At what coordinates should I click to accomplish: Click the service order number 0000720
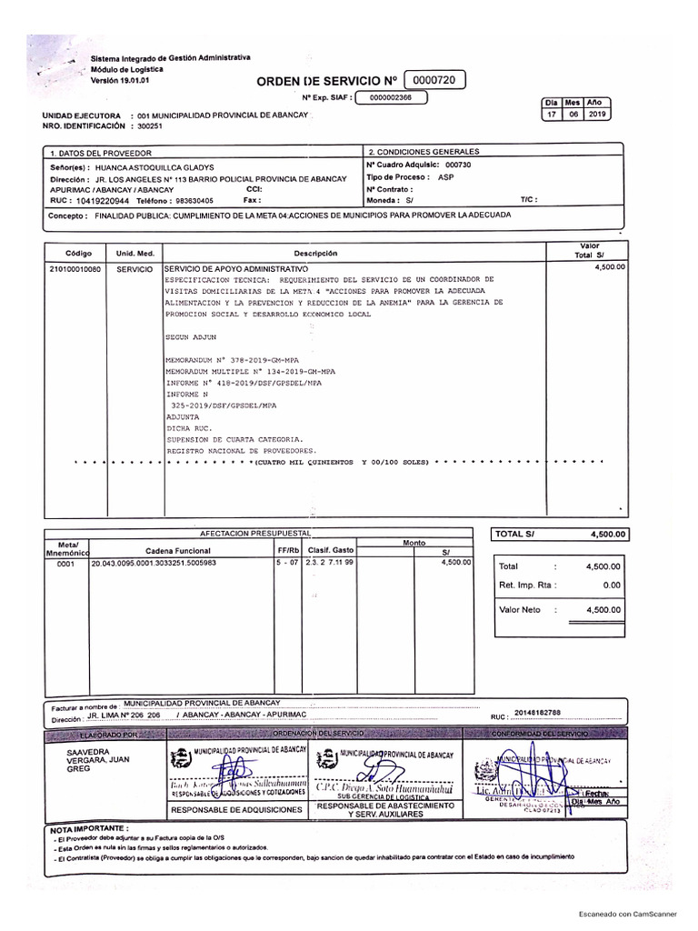433,81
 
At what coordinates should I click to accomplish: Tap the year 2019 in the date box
598,115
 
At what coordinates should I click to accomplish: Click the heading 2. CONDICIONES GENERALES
423,152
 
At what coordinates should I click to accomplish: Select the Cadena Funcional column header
178,551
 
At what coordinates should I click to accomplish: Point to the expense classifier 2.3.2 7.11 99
331,563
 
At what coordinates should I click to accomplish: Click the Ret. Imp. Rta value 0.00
611,586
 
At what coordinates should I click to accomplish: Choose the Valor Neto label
520,610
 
